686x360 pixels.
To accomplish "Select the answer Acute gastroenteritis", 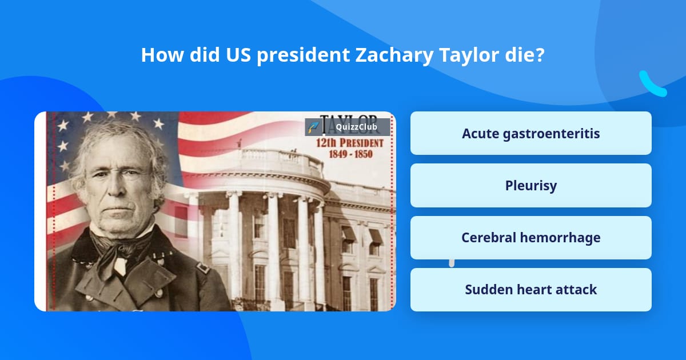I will [x=531, y=133].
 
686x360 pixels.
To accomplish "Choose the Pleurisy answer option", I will [x=531, y=185].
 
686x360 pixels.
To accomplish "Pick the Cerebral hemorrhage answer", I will [x=531, y=237].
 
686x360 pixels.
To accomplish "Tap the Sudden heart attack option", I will [x=531, y=289].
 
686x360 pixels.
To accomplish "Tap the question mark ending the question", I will [x=540, y=55].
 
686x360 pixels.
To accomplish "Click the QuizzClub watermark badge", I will [x=348, y=127].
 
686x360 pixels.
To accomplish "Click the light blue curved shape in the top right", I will [x=652, y=84].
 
